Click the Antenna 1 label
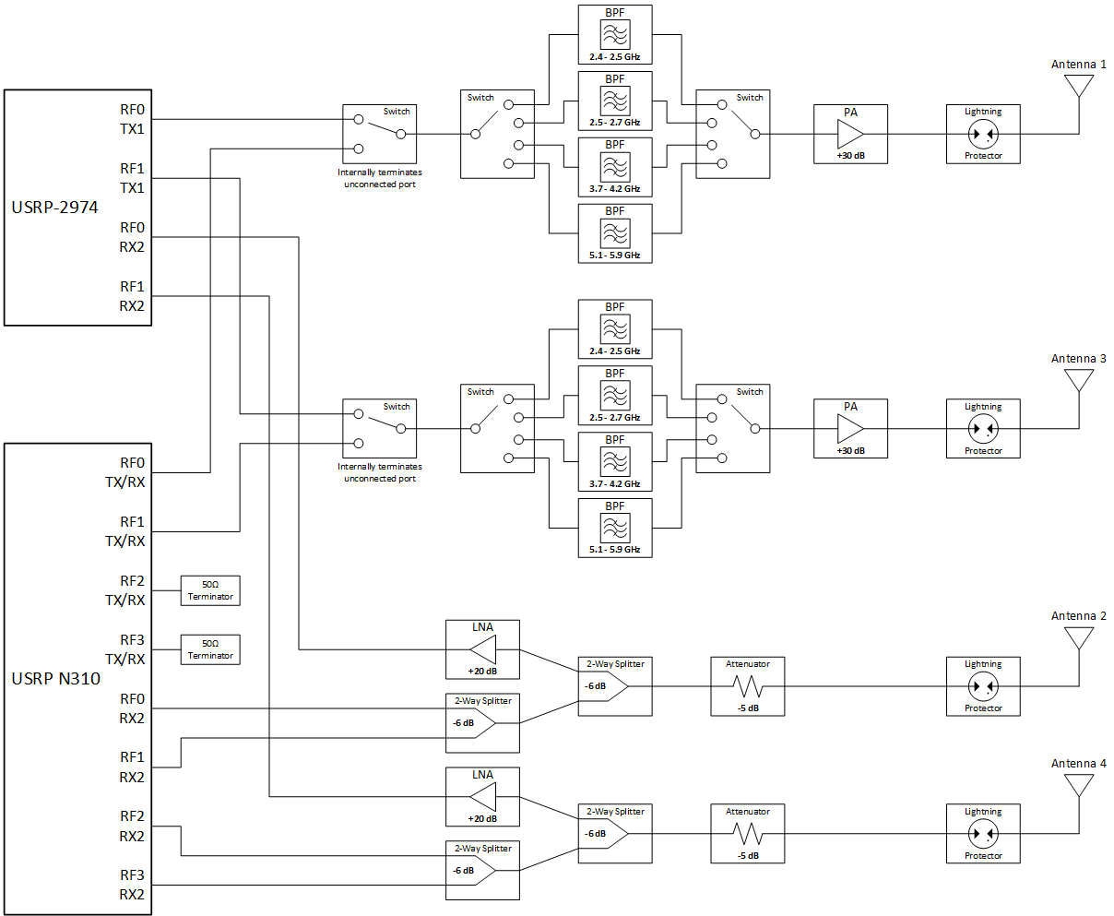1078,65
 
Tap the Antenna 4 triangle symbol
1079,785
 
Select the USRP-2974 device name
54,208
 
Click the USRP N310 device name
55,679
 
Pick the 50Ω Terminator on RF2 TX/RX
210,590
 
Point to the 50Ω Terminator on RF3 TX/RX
210,649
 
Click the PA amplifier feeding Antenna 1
850,134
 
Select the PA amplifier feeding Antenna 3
850,428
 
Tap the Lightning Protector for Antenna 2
983,686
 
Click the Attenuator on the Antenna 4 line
748,834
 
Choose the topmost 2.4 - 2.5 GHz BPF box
615,34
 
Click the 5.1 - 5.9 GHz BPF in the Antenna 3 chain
615,528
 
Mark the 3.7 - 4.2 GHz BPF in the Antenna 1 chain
615,166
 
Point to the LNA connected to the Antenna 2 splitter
482,649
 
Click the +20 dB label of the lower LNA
482,818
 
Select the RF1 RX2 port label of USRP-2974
132,296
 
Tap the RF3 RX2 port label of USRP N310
132,885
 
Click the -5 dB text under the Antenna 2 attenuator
748,708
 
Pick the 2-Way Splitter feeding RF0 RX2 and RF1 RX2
482,723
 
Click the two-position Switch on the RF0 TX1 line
379,134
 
